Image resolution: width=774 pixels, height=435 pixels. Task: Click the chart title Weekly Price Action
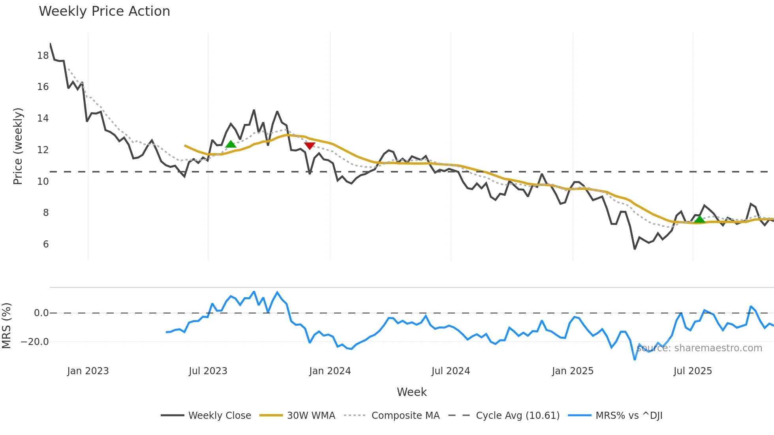point(104,11)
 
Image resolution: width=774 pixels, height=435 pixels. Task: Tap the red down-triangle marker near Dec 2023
point(310,146)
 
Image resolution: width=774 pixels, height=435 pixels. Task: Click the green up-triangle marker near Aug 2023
point(231,144)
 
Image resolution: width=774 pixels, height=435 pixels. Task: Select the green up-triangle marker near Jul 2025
point(699,219)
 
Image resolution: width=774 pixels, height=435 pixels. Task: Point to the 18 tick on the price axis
point(43,56)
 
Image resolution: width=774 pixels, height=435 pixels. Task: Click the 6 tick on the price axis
point(46,244)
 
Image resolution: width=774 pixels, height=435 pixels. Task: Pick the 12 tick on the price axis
point(43,150)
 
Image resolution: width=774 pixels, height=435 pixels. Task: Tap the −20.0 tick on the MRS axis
point(35,342)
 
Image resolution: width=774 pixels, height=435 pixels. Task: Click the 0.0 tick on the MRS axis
point(41,313)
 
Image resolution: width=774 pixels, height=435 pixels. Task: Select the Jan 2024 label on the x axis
point(330,371)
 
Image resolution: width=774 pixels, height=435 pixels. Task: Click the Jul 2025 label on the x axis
point(693,371)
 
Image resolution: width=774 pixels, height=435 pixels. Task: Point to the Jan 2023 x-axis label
point(88,371)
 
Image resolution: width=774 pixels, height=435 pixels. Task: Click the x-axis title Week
point(411,392)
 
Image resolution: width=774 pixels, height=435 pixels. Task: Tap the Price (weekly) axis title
point(18,146)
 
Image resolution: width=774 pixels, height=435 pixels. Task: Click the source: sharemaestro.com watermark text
point(699,348)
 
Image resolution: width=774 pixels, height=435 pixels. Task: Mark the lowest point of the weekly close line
point(635,249)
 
